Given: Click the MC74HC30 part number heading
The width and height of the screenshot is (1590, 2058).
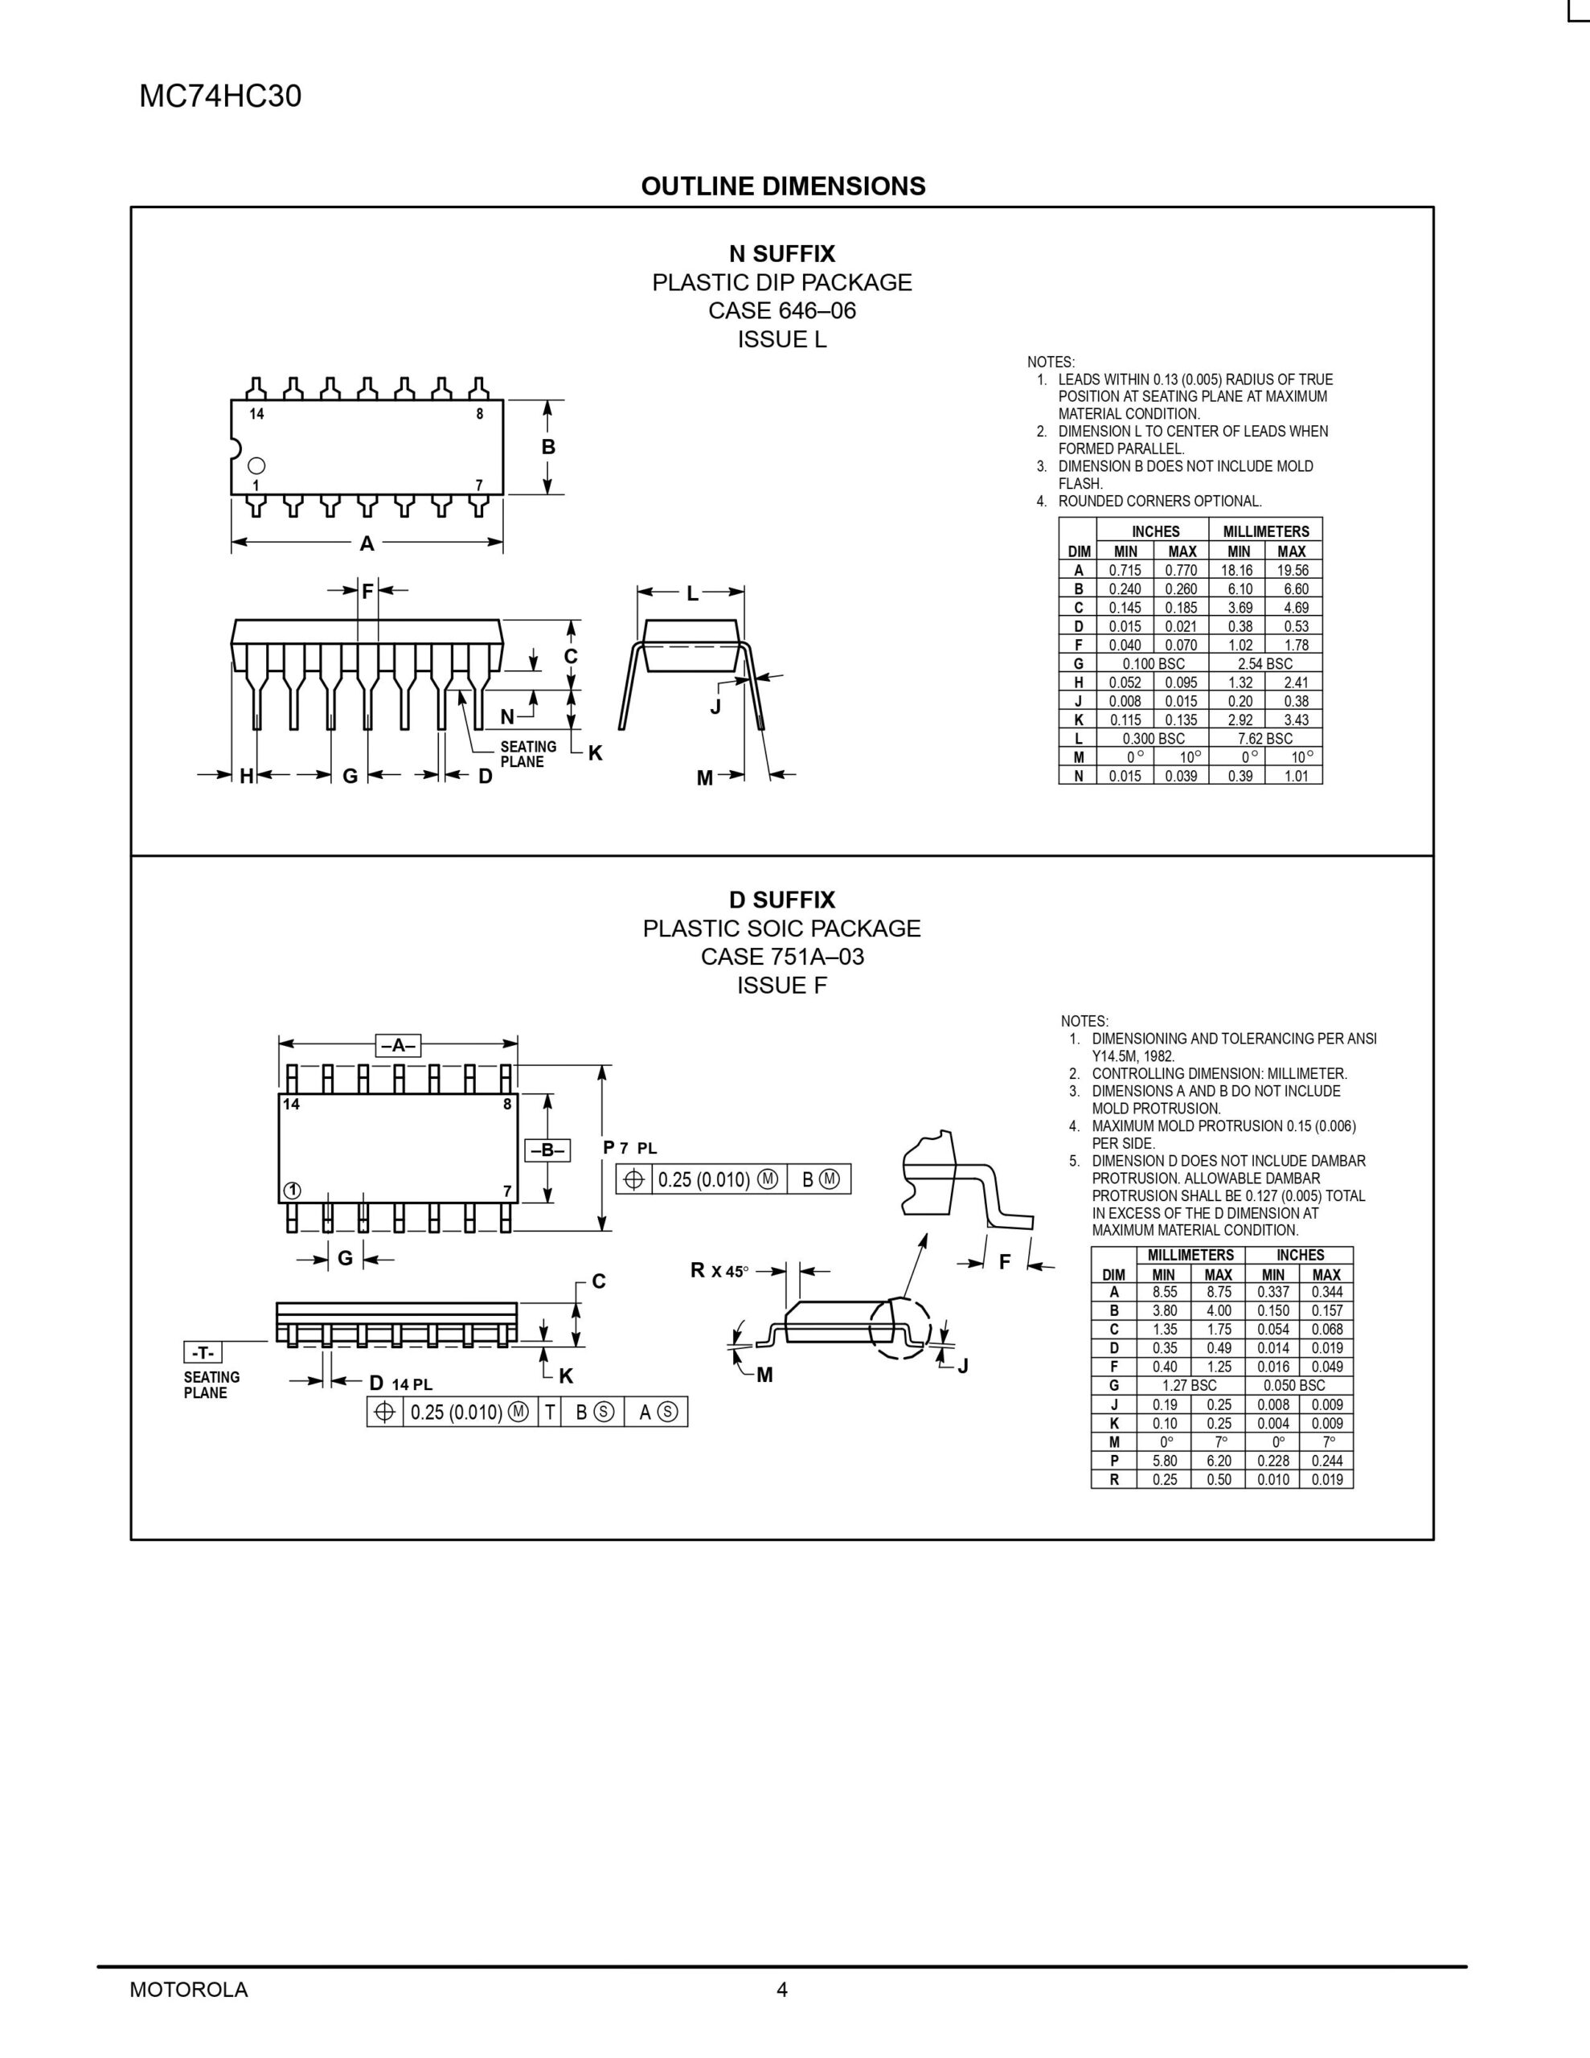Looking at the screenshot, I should click(x=219, y=97).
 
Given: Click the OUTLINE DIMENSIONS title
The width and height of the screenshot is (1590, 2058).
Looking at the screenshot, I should click(x=782, y=187).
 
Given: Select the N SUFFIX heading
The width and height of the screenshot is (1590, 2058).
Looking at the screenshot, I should click(x=781, y=253).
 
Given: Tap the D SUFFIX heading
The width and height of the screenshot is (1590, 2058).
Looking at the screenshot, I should click(x=781, y=900).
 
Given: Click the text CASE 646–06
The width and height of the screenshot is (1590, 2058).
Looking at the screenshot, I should click(x=781, y=310).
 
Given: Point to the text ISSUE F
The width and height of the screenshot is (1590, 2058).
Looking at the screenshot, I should click(x=781, y=986).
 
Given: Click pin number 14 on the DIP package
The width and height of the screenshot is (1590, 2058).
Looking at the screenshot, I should click(x=256, y=414).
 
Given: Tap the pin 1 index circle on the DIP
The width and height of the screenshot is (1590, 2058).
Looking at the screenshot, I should click(x=256, y=465).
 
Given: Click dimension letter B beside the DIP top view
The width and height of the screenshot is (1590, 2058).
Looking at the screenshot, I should click(x=548, y=447).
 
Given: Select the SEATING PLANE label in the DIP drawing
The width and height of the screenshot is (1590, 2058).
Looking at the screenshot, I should click(x=528, y=754).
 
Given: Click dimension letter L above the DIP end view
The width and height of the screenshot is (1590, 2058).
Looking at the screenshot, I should click(x=692, y=593).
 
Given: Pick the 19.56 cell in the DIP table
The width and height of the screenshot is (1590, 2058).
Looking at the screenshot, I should click(x=1293, y=570).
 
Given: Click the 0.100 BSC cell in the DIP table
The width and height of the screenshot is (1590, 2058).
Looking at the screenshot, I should click(x=1153, y=663).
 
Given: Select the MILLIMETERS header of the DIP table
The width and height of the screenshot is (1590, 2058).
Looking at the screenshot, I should click(x=1266, y=531).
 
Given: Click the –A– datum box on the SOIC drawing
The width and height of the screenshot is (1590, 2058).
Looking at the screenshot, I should click(x=398, y=1045).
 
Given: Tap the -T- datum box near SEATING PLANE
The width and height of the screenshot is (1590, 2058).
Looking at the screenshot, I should click(x=203, y=1353).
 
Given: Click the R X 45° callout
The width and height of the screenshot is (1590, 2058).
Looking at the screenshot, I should click(x=719, y=1271).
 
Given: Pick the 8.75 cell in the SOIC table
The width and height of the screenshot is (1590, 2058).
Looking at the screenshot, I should click(x=1218, y=1292).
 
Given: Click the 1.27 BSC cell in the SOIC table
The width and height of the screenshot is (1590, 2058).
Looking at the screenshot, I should click(x=1190, y=1385).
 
